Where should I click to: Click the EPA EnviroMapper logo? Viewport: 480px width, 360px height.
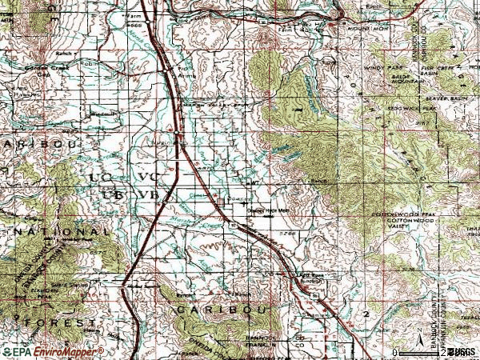54,351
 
